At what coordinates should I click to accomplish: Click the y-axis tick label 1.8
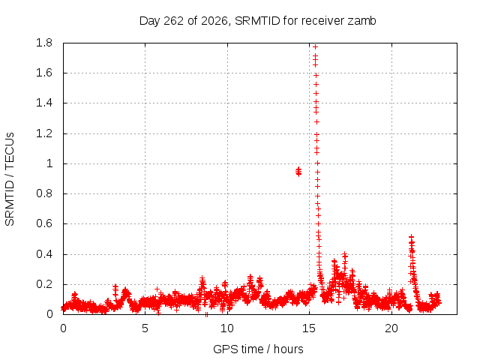pyautogui.click(x=44, y=43)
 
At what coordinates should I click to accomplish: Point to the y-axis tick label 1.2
pyautogui.click(x=44, y=133)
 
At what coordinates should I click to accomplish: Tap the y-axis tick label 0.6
pyautogui.click(x=44, y=223)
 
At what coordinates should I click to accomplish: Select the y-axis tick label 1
pyautogui.click(x=49, y=163)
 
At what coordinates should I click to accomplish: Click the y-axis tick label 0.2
pyautogui.click(x=44, y=284)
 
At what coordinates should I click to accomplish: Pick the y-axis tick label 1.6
pyautogui.click(x=44, y=73)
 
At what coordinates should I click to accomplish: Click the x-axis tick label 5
pyautogui.click(x=145, y=328)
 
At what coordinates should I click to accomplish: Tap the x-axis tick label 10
pyautogui.click(x=226, y=328)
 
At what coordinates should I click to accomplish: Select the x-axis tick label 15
pyautogui.click(x=309, y=328)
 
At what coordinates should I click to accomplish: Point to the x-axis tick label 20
pyautogui.click(x=391, y=328)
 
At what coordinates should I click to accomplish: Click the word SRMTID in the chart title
pyautogui.click(x=257, y=21)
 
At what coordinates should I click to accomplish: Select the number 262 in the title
pyautogui.click(x=174, y=21)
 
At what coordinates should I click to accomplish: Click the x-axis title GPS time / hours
pyautogui.click(x=258, y=349)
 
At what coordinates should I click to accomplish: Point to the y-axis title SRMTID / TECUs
pyautogui.click(x=10, y=179)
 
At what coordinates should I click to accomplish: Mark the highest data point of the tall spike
pyautogui.click(x=315, y=46)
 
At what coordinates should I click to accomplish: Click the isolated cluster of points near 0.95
pyautogui.click(x=298, y=172)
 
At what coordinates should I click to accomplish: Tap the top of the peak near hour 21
pyautogui.click(x=412, y=237)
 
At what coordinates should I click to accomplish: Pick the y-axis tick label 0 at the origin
pyautogui.click(x=49, y=314)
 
